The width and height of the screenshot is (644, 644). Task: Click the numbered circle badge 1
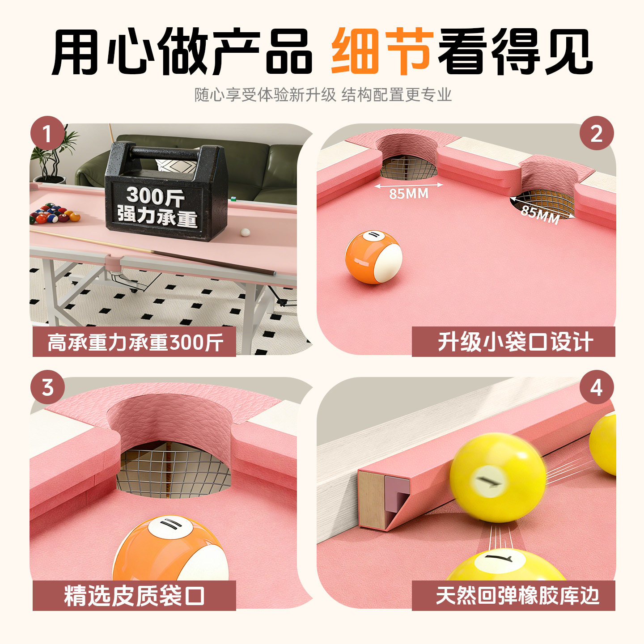47,133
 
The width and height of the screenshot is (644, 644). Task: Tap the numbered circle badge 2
597,133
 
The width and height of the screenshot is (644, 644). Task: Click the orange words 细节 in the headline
381,51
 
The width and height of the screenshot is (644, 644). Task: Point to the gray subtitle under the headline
323,94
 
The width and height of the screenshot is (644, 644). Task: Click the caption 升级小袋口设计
515,342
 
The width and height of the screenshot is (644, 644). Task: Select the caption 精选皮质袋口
134,596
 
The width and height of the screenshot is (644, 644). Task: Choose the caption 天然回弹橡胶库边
517,596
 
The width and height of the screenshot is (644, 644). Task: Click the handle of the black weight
166,153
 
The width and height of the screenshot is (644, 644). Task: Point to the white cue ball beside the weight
245,232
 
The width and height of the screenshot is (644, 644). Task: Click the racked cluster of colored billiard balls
55,213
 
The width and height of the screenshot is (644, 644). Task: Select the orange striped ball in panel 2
373,257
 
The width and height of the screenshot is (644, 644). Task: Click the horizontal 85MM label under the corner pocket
408,193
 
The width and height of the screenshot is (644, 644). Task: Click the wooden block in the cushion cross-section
371,499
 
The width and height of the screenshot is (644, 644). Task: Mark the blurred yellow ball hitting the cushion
497,478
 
